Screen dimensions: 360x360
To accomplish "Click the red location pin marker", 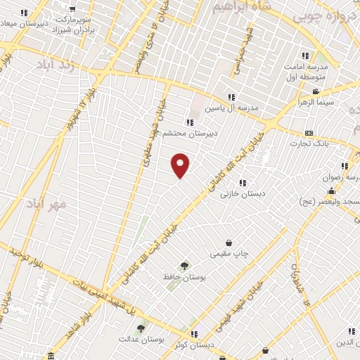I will pos(181,165).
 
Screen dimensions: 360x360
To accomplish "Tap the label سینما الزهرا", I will pos(334,102).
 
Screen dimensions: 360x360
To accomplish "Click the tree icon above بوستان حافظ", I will pos(184,266).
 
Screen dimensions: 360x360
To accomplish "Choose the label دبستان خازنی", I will pos(241,193).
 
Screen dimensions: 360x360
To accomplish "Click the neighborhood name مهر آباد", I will pos(46,204).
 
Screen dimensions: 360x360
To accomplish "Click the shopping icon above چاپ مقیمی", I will pos(229,243).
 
